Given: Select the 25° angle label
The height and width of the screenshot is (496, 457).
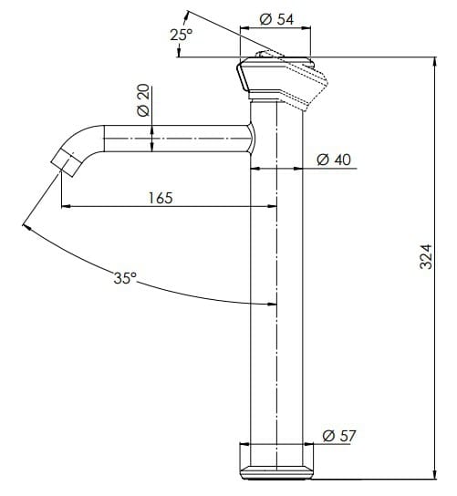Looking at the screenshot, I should click(182, 35).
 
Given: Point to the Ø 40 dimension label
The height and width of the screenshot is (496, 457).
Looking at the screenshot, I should click(334, 159).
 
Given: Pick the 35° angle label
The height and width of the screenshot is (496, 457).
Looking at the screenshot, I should click(125, 279).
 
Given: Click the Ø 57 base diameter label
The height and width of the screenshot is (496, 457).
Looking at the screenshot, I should click(339, 436).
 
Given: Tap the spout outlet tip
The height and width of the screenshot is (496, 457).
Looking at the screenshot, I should click(63, 163).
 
